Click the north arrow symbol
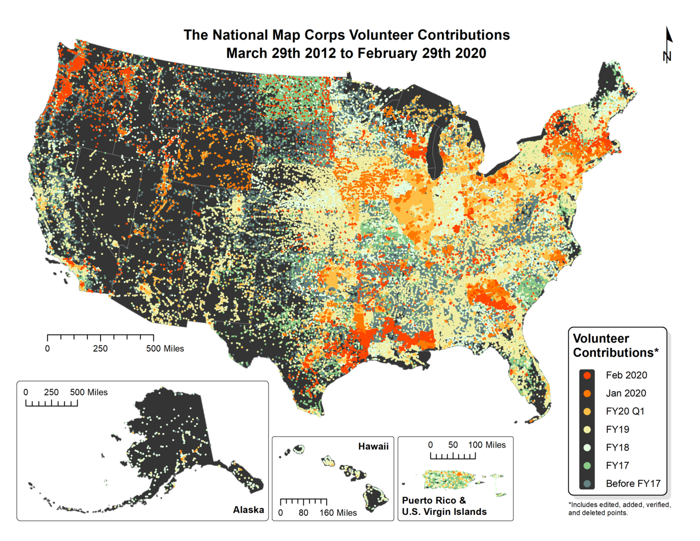pos(668,45)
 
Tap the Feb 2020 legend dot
pos(587,375)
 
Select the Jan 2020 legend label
pos(626,393)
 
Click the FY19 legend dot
pos(587,429)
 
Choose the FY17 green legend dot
pos(587,466)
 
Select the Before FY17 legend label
pos(633,483)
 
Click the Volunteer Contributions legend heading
pos(615,345)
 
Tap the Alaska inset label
pos(248,510)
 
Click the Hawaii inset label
pos(373,447)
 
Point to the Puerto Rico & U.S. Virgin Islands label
pos(444,506)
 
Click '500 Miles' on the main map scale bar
pos(165,349)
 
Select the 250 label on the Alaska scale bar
pos(51,392)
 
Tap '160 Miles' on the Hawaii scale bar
pos(338,513)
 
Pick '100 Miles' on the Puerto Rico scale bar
pos(487,445)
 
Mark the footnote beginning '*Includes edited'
pos(619,508)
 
